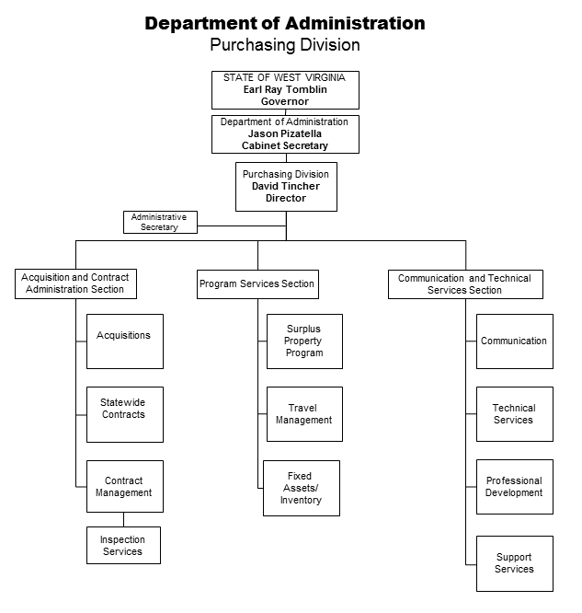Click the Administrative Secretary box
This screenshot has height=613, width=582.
[160, 222]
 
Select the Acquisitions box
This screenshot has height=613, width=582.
[125, 341]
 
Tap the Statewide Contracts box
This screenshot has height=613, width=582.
[125, 414]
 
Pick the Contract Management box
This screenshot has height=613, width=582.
[125, 486]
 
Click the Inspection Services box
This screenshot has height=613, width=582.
[123, 546]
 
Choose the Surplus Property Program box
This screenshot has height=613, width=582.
[304, 341]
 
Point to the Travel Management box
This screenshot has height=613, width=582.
[304, 414]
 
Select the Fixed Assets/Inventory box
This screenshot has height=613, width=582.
[302, 488]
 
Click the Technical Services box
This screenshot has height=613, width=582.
[515, 414]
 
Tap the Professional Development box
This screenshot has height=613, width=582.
[515, 487]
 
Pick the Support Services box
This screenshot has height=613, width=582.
[515, 563]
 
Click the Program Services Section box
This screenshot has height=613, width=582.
[257, 284]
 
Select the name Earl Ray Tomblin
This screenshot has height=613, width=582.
[285, 89]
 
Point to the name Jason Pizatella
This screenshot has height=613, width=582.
[285, 133]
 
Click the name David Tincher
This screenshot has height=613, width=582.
[286, 186]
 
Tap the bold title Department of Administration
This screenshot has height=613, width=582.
[285, 23]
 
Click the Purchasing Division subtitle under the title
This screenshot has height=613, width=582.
[285, 44]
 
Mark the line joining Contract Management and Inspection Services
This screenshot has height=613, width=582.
[124, 519]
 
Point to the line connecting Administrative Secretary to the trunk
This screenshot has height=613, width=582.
[242, 226]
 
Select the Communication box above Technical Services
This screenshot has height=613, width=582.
[515, 341]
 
